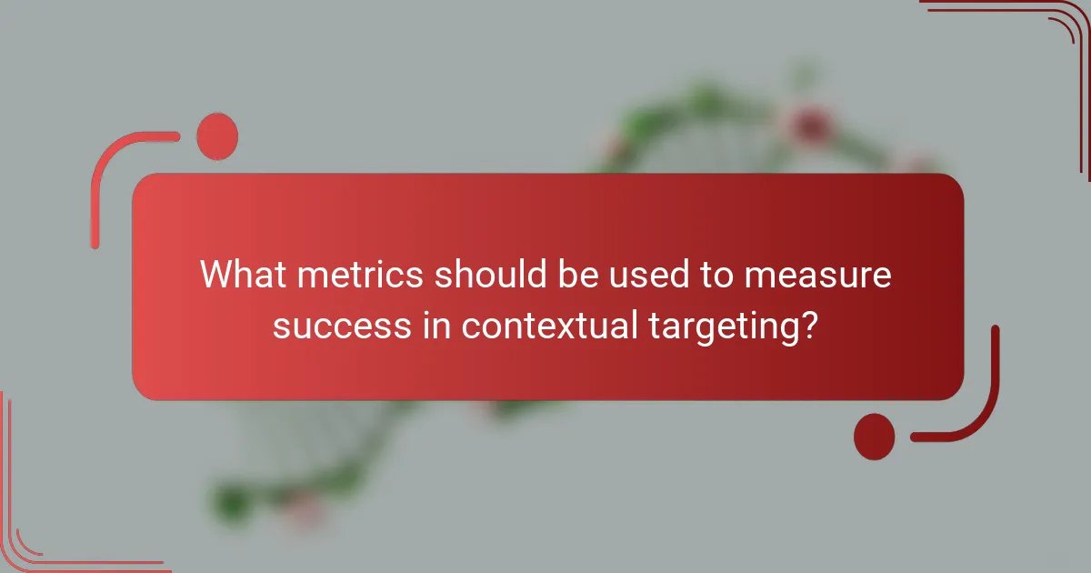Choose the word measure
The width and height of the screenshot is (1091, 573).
[817, 275]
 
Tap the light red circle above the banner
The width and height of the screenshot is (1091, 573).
[216, 136]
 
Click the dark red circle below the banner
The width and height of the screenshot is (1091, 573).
[875, 436]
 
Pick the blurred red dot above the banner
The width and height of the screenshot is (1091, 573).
[808, 125]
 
